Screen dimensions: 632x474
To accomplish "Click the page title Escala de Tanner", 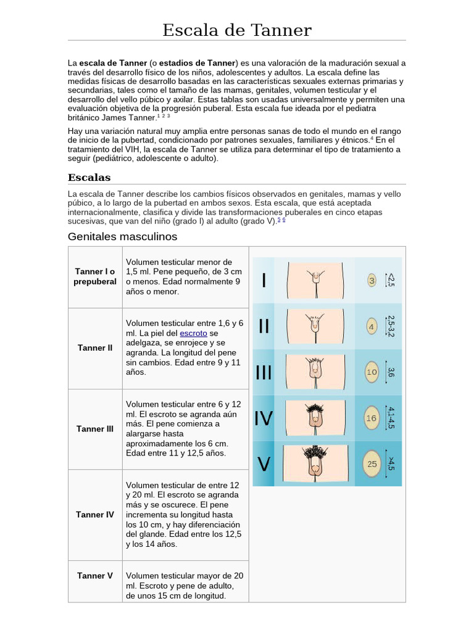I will pyautogui.click(x=237, y=30).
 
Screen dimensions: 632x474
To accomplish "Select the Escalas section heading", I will pyautogui.click(x=89, y=178).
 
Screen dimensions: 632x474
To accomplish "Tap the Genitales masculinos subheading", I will pyautogui.click(x=122, y=236).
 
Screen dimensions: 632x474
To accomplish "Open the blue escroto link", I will pyautogui.click(x=193, y=333).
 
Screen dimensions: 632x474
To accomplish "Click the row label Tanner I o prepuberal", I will pyautogui.click(x=95, y=276).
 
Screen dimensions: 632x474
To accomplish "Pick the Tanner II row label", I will pyautogui.click(x=95, y=347).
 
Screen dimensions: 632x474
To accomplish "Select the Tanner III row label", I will pyautogui.click(x=95, y=428).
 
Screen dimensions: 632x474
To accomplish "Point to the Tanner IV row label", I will pyautogui.click(x=95, y=514).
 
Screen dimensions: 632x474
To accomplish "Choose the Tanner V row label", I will pyautogui.click(x=95, y=576).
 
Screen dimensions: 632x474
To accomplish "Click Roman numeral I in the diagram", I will pyautogui.click(x=264, y=281).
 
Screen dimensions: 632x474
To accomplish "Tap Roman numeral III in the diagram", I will pyautogui.click(x=264, y=373).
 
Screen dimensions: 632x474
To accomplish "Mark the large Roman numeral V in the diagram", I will pyautogui.click(x=264, y=464).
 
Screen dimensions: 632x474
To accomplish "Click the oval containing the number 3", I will pyautogui.click(x=372, y=281).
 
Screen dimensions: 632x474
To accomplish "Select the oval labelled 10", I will pyautogui.click(x=372, y=372).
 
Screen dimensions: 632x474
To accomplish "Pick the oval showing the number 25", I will pyautogui.click(x=372, y=464).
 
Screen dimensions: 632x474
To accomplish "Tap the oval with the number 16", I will pyautogui.click(x=372, y=418).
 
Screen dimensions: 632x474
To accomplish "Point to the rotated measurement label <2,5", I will pyautogui.click(x=391, y=280).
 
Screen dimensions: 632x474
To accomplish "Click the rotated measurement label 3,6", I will pyautogui.click(x=391, y=372).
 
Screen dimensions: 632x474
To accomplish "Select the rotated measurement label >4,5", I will pyautogui.click(x=391, y=464).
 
